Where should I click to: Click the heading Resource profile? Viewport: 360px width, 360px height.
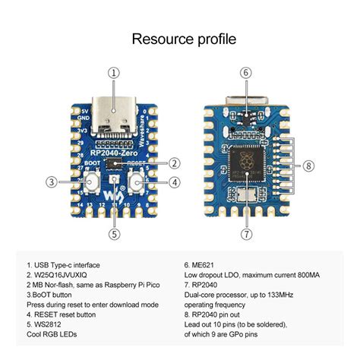[x=179, y=38]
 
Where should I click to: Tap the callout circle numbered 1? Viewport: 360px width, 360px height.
[x=114, y=73]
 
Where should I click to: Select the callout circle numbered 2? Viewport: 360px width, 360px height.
[x=174, y=163]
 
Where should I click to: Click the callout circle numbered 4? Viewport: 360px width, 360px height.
[x=174, y=182]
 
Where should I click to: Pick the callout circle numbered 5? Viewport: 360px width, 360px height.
[x=114, y=234]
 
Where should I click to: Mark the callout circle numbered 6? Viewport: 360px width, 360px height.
[x=245, y=73]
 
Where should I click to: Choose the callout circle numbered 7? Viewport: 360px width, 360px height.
[x=245, y=234]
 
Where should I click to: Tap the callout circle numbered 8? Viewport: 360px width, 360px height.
[x=308, y=166]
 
